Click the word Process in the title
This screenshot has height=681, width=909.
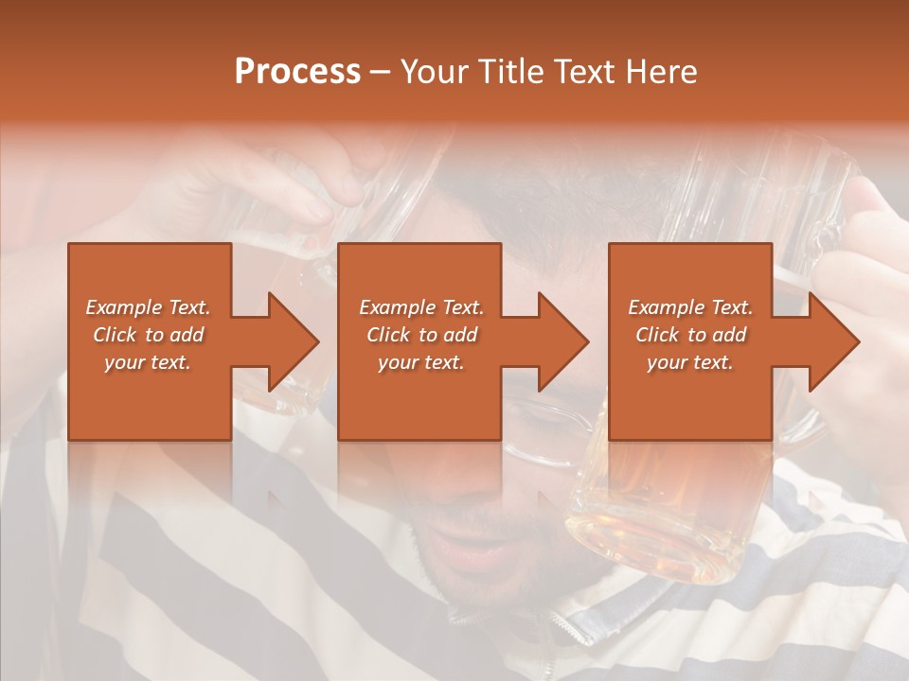(x=297, y=72)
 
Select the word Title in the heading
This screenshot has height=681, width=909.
(x=508, y=72)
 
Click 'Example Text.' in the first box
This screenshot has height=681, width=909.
(x=148, y=307)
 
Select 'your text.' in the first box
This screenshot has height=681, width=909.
(x=148, y=362)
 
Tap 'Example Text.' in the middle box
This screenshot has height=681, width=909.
(x=421, y=307)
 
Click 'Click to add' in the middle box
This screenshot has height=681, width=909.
(x=421, y=335)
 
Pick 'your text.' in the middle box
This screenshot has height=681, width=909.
(x=421, y=362)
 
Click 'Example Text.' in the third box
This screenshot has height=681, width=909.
(x=690, y=307)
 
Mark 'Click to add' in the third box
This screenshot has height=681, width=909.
(x=690, y=335)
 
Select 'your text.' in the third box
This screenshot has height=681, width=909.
(x=690, y=362)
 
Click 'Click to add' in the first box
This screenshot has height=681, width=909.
(x=148, y=335)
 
